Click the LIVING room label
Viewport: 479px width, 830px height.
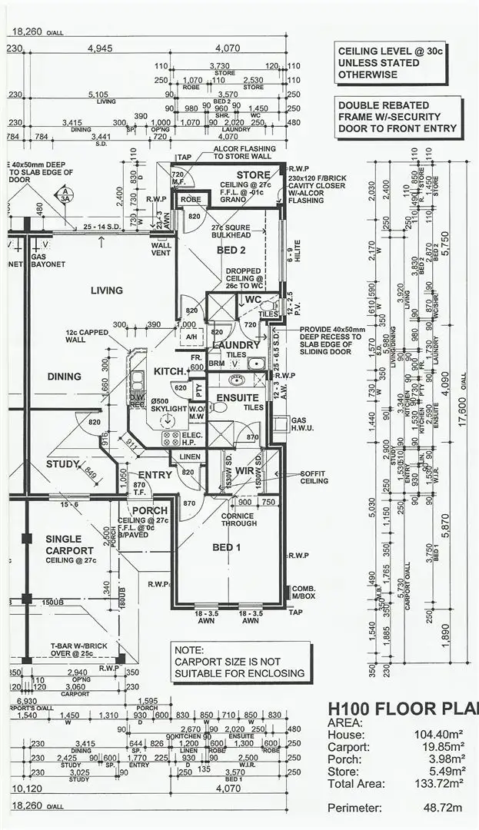106,290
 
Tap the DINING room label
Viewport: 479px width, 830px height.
64,377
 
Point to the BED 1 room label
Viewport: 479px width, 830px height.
227,547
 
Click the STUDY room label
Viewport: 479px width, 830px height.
63,464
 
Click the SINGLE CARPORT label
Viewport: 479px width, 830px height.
69,545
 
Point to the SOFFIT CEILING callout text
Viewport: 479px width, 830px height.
314,477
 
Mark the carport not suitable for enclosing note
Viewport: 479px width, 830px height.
239,662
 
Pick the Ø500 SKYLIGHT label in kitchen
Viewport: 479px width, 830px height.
169,404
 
